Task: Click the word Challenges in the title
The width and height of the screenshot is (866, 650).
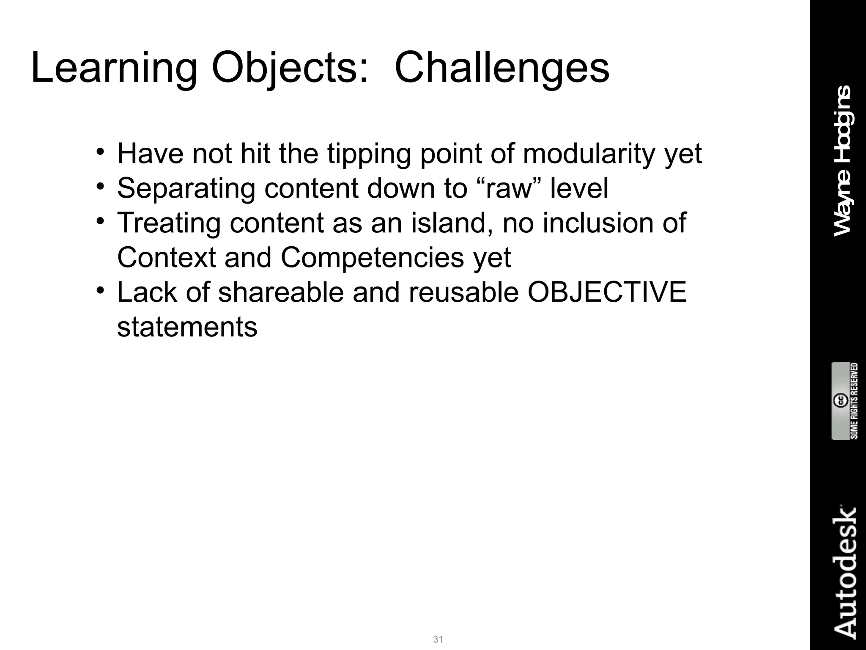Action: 502,68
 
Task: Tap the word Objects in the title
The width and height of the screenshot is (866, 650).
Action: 290,68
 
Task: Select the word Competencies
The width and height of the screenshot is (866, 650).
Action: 372,257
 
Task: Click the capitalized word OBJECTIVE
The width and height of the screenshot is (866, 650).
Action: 607,292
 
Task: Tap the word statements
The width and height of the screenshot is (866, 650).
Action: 187,327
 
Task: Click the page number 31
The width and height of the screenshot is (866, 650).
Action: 438,639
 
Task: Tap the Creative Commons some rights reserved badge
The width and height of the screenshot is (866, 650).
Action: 844,401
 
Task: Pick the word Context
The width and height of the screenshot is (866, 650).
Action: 166,257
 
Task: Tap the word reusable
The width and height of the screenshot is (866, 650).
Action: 463,292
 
